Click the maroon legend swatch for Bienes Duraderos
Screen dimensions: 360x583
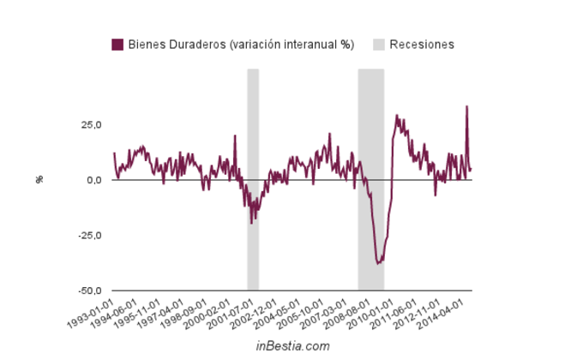tap(118, 45)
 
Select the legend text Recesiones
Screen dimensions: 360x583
tap(421, 45)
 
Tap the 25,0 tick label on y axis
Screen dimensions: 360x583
tap(91, 125)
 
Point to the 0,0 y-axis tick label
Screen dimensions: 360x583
tap(94, 180)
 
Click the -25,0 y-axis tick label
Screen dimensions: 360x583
tap(89, 236)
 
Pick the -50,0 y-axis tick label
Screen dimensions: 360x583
tap(89, 291)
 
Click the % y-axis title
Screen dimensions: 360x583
tap(39, 180)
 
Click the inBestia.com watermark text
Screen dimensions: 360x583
tap(292, 345)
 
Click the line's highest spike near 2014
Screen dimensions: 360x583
tap(466, 106)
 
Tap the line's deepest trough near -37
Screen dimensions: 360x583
tap(378, 263)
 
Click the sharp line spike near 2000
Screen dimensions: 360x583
tap(235, 135)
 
